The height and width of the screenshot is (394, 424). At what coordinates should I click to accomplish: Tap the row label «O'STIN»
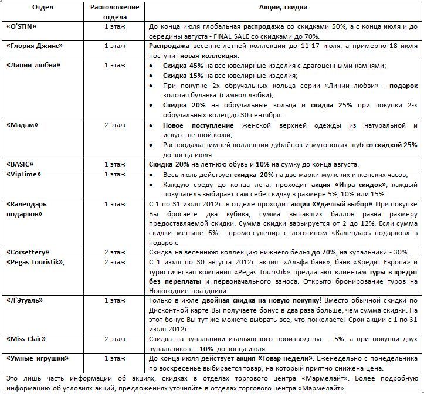23,27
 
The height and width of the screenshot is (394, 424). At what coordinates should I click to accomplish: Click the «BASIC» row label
21,164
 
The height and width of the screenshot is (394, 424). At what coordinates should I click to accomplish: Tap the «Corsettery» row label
29,251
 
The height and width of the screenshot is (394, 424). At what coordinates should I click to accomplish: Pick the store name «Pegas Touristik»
36,261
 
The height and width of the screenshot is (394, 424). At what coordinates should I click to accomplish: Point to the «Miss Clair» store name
27,339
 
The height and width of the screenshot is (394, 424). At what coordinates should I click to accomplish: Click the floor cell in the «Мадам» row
114,125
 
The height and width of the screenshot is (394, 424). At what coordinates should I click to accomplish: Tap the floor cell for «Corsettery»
114,251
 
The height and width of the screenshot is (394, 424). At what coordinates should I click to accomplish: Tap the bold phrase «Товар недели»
279,358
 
